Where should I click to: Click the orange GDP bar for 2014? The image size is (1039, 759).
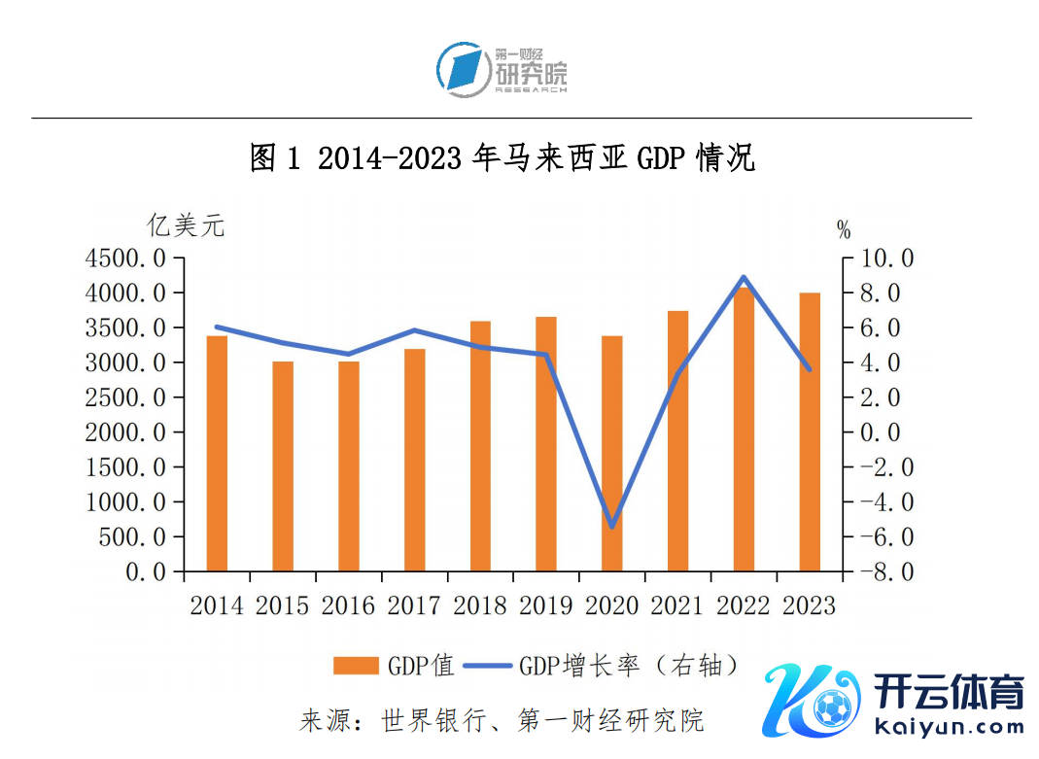pos(217,453)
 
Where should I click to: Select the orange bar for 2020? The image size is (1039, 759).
pos(611,453)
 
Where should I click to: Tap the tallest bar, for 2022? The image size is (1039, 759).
pos(744,429)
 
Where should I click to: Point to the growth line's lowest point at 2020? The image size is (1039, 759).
pos(612,528)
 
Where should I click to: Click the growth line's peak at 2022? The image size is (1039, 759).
pos(744,278)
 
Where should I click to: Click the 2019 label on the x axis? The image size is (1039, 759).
pos(546,605)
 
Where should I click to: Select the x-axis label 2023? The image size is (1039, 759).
pos(809,605)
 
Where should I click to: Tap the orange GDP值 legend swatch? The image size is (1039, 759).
pos(355,666)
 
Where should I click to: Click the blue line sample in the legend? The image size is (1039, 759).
pos(487,666)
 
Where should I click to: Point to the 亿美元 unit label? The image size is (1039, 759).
pos(186,226)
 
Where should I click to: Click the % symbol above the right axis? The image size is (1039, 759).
pos(843,231)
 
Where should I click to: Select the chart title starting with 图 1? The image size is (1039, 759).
pos(502,158)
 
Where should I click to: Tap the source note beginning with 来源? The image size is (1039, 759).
pos(502,721)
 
